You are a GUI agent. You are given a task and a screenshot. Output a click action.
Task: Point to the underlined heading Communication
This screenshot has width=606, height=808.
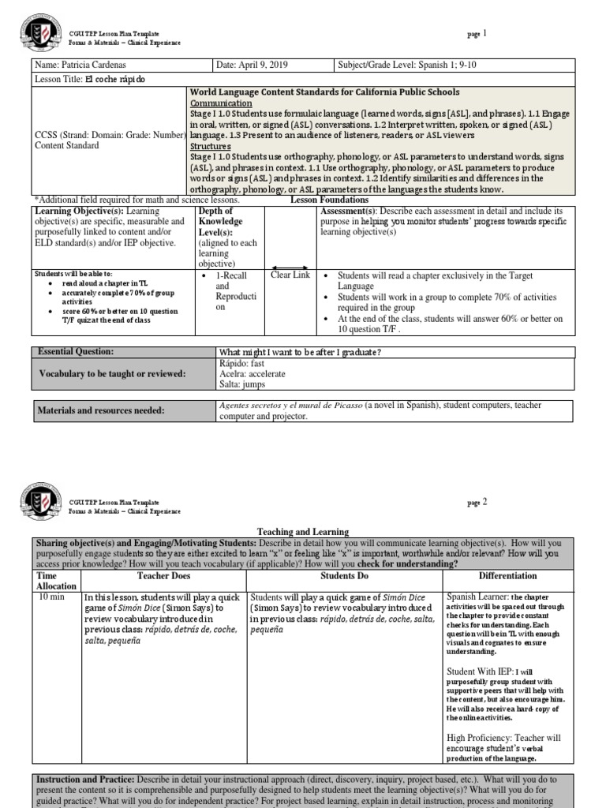click(x=221, y=103)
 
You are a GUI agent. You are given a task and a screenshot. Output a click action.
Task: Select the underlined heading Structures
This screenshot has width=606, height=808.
click(x=210, y=146)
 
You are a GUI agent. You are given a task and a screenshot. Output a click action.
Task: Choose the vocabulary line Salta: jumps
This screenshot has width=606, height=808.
click(x=243, y=384)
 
